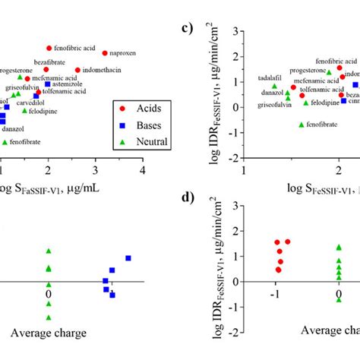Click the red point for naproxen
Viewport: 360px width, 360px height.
[x=105, y=53]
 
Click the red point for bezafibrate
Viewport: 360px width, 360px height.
[x=49, y=69]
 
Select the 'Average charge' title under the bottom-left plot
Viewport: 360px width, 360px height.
[x=48, y=333]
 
